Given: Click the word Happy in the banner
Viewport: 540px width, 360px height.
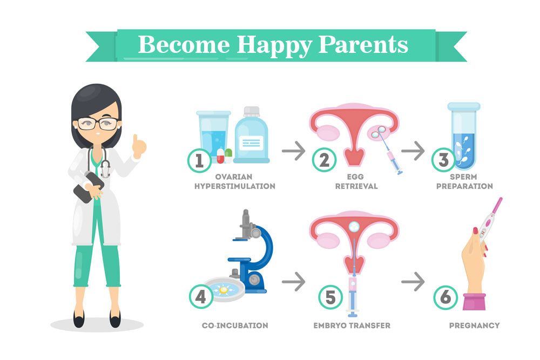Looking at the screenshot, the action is pyautogui.click(x=274, y=45).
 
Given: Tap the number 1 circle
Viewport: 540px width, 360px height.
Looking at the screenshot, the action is pyautogui.click(x=200, y=160).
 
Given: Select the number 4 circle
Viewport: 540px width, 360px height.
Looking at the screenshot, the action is pyautogui.click(x=201, y=297).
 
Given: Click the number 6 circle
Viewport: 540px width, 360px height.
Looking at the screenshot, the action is pyautogui.click(x=446, y=297).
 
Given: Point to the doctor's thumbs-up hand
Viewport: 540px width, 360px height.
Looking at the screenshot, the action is pyautogui.click(x=139, y=146).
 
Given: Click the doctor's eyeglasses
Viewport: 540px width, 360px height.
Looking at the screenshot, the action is pyautogui.click(x=98, y=124).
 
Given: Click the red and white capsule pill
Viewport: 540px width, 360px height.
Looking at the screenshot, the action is pyautogui.click(x=220, y=156).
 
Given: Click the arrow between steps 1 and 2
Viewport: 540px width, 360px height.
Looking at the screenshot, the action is pyautogui.click(x=293, y=151).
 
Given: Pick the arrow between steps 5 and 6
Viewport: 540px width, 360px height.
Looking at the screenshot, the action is pyautogui.click(x=413, y=282).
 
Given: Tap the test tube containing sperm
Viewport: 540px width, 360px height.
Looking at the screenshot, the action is pyautogui.click(x=464, y=135).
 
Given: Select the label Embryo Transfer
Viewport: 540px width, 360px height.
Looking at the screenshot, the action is pyautogui.click(x=352, y=325).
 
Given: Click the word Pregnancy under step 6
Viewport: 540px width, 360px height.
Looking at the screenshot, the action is pyautogui.click(x=474, y=325).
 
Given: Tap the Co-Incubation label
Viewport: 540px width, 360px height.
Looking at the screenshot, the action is pyautogui.click(x=235, y=325).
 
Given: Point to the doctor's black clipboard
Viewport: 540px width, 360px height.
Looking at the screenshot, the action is pyautogui.click(x=89, y=188).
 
